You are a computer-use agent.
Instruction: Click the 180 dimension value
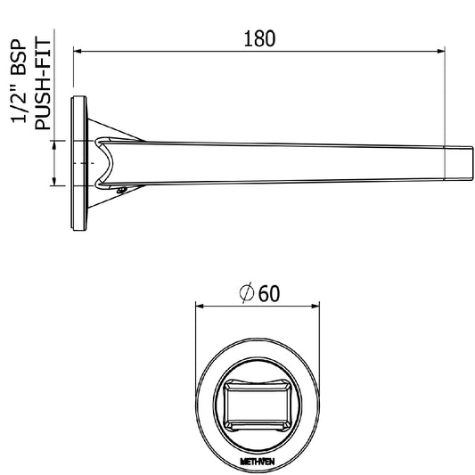click(x=259, y=39)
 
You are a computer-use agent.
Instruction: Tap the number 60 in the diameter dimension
click(x=269, y=293)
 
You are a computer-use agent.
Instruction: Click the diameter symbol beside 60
click(x=246, y=292)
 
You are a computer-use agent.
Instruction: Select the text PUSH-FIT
click(x=43, y=85)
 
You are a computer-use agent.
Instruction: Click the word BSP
click(x=19, y=57)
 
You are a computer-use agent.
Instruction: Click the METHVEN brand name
click(x=258, y=462)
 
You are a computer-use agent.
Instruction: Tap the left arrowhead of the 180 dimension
click(x=78, y=51)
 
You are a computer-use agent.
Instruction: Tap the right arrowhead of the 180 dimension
click(x=441, y=51)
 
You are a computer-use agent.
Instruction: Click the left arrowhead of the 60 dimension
click(x=200, y=307)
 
